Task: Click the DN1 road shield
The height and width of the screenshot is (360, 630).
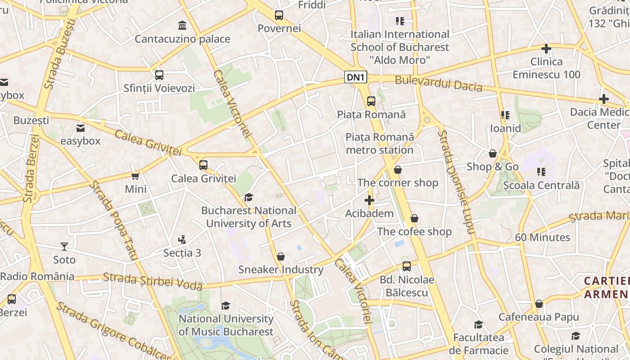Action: [355, 77]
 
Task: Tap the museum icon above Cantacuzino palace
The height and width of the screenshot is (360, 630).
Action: [182, 25]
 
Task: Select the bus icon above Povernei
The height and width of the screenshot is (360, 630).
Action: [279, 15]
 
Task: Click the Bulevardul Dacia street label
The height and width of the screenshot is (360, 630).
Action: [438, 84]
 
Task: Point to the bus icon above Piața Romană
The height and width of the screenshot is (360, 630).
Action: [371, 101]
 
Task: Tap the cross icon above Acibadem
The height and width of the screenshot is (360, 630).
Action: [369, 200]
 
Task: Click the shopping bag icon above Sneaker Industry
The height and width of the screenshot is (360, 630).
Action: [281, 256]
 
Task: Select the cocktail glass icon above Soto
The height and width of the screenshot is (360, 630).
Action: [64, 246]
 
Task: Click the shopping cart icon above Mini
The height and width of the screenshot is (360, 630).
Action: [135, 176]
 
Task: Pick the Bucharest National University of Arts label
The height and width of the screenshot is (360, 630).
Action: [249, 217]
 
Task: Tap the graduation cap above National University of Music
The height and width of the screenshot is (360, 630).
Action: [225, 306]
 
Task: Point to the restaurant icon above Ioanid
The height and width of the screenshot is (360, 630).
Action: [505, 115]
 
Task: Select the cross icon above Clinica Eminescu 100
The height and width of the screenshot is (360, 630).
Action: [546, 48]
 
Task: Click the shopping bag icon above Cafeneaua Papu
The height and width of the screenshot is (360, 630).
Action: [539, 304]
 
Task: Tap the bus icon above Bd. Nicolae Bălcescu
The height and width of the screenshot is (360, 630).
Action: [407, 266]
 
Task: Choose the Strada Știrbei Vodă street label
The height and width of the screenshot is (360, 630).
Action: [153, 281]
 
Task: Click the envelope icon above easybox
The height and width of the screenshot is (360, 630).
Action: [81, 128]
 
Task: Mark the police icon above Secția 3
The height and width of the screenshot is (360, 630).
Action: [182, 239]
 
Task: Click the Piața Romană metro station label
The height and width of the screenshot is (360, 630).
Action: [379, 143]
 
